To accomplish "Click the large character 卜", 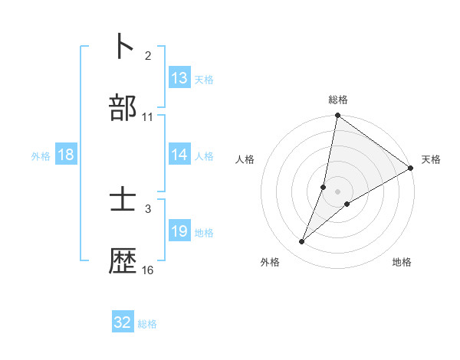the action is pyautogui.click(x=123, y=46).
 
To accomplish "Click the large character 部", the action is pyautogui.click(x=123, y=108).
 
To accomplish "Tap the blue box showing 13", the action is pyautogui.click(x=179, y=78).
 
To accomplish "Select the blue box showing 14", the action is pyautogui.click(x=179, y=155).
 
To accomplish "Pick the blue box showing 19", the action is pyautogui.click(x=179, y=231).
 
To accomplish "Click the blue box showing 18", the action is pyautogui.click(x=66, y=155).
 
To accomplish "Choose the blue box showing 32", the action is pyautogui.click(x=123, y=322).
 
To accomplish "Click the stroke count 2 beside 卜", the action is pyautogui.click(x=148, y=56).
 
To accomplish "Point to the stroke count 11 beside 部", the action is pyautogui.click(x=148, y=117).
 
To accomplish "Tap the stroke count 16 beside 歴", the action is pyautogui.click(x=148, y=270).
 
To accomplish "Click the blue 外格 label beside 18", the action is pyautogui.click(x=41, y=156).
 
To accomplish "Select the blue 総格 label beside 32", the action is pyautogui.click(x=147, y=324).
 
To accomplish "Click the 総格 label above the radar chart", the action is pyautogui.click(x=338, y=100).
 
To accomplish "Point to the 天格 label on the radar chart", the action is pyautogui.click(x=431, y=159).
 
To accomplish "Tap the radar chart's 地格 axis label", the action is pyautogui.click(x=402, y=263).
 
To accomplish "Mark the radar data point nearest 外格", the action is pyautogui.click(x=302, y=242).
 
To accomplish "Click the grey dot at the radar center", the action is pyautogui.click(x=338, y=191).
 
